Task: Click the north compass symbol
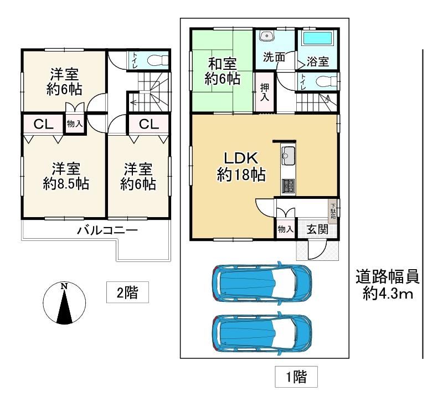64,303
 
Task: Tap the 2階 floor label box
127,292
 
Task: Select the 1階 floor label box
296,377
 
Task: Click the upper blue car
262,283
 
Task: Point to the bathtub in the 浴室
317,38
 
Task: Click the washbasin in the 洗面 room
266,35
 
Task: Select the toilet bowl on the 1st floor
327,81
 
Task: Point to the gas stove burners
288,186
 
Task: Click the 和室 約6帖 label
223,71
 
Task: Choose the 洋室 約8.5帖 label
66,176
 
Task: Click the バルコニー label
107,230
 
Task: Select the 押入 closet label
265,92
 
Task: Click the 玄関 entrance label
317,229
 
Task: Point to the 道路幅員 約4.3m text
388,285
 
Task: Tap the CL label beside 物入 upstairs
44,124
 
